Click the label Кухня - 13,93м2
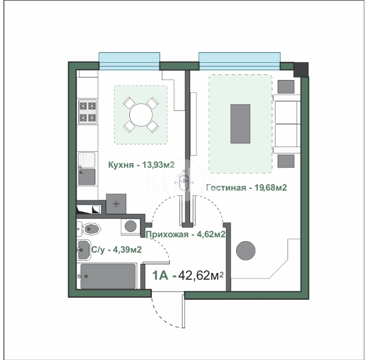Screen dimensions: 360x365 [x=141, y=165]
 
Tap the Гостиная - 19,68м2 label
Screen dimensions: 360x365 [x=247, y=188]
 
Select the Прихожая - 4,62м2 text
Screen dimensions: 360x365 [x=185, y=234]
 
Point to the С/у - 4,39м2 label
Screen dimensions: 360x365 [x=116, y=251]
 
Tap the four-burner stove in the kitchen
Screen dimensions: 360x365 [x=87, y=111]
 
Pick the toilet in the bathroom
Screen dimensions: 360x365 [x=90, y=228]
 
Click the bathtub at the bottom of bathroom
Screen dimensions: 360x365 [x=107, y=275]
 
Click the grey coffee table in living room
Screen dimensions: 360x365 [x=240, y=123]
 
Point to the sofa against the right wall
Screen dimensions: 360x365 [x=286, y=124]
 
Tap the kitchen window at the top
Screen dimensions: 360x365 [x=129, y=61]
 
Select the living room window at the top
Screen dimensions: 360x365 [x=239, y=61]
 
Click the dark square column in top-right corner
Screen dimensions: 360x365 [x=301, y=69]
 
